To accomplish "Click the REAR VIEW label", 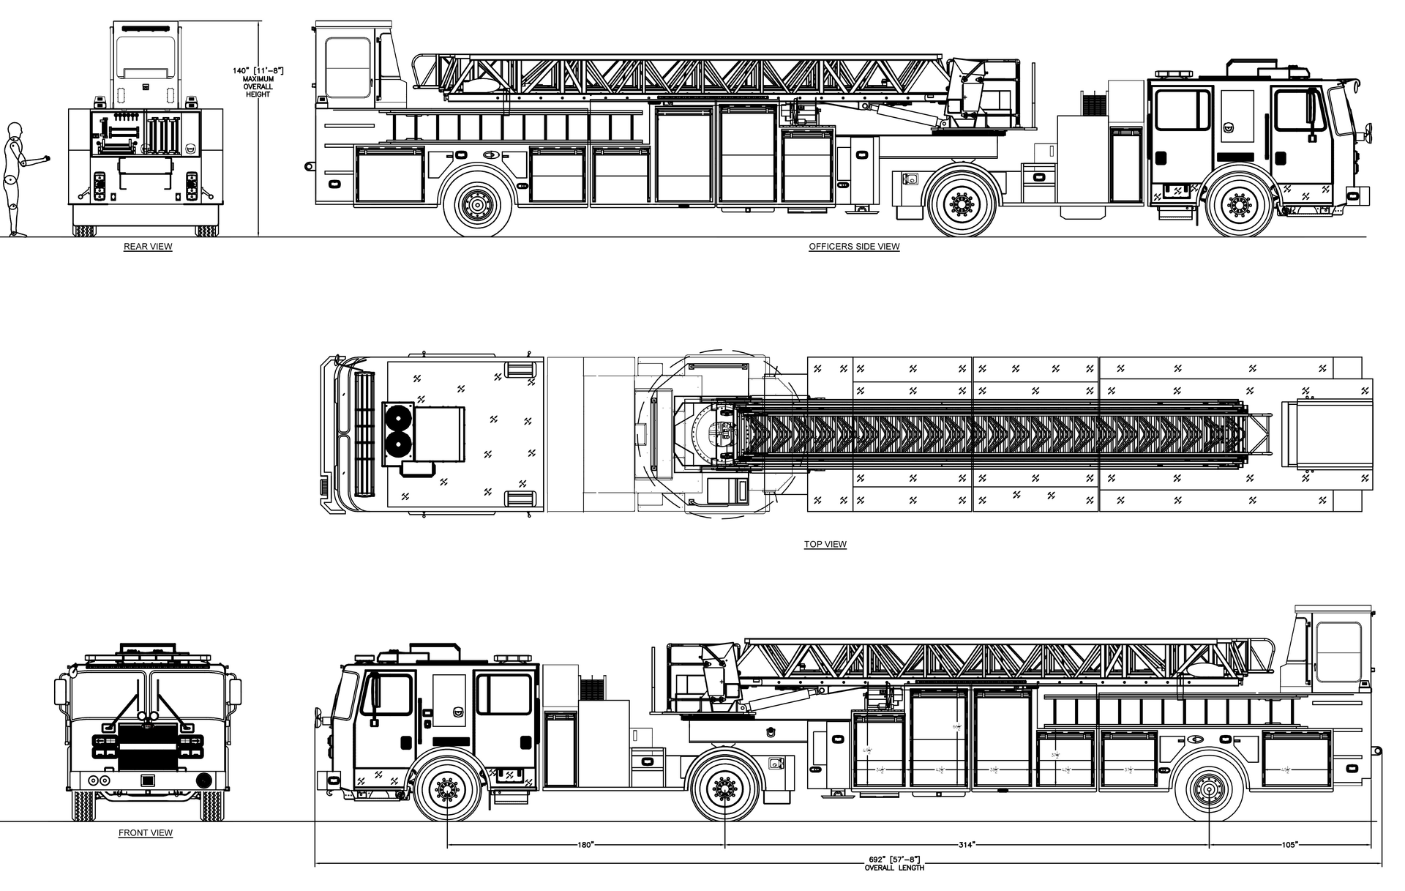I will pyautogui.click(x=148, y=247).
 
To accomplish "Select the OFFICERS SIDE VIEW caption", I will pyautogui.click(x=854, y=247).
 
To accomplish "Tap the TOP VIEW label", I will pyautogui.click(x=825, y=544).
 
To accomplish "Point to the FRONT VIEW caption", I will pyautogui.click(x=146, y=832).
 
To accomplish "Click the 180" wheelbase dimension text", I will pyautogui.click(x=585, y=845).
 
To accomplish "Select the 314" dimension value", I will pyautogui.click(x=966, y=845).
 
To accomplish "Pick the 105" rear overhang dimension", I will pyautogui.click(x=1289, y=845).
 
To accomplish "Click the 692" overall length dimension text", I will pyautogui.click(x=893, y=860).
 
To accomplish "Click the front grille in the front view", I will pyautogui.click(x=147, y=747).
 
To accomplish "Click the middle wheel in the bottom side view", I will pyautogui.click(x=724, y=789).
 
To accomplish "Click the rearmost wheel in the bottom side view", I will pyautogui.click(x=1209, y=789).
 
